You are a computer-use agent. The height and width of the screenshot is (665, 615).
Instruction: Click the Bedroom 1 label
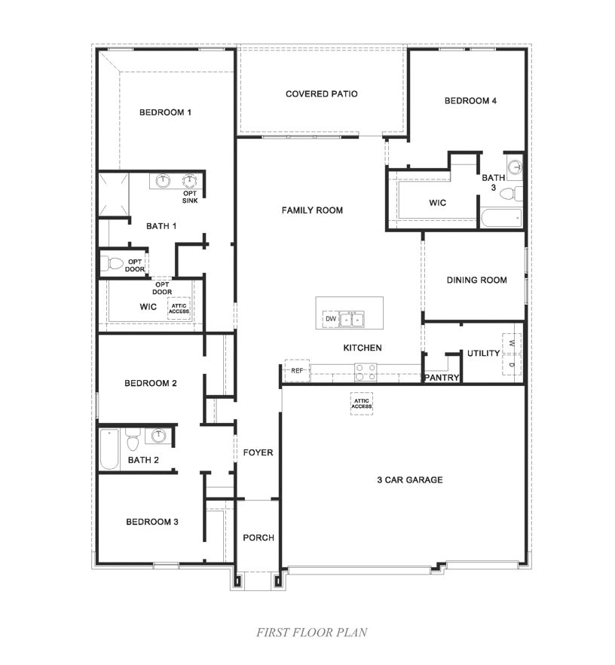(x=165, y=112)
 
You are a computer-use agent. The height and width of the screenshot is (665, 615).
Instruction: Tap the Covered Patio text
(x=321, y=94)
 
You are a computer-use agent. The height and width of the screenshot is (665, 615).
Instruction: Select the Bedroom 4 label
(x=470, y=100)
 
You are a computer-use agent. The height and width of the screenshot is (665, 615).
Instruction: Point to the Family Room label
(x=312, y=210)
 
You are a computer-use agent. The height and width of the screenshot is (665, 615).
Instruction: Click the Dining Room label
(x=476, y=280)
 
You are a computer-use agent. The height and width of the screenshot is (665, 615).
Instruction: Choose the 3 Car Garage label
(x=409, y=480)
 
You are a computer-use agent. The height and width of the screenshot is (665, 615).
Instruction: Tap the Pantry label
(x=442, y=378)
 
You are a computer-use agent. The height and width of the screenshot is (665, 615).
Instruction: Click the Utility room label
(x=483, y=353)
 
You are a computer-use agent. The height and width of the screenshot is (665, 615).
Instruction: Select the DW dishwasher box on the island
(x=330, y=320)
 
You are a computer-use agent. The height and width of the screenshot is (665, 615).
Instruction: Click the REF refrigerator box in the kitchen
(x=296, y=370)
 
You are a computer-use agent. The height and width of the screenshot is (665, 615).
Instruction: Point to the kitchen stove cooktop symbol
(x=366, y=370)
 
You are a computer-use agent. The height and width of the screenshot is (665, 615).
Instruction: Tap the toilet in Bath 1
(x=113, y=264)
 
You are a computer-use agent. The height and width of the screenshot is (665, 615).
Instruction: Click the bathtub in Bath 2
(x=109, y=449)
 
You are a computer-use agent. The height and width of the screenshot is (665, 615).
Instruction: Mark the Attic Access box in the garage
(x=362, y=404)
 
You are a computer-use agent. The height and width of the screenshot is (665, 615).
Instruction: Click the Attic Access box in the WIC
(x=179, y=308)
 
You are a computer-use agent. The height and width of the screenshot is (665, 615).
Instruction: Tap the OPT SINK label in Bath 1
(x=190, y=198)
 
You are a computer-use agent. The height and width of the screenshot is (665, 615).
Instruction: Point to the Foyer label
(x=258, y=452)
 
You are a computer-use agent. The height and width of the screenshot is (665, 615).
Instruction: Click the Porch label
(x=258, y=538)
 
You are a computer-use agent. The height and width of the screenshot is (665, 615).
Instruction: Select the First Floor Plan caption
(x=311, y=632)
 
